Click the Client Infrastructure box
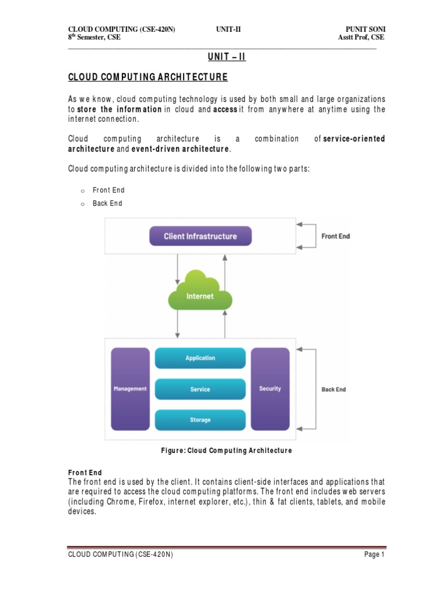[x=200, y=236]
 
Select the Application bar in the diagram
[x=200, y=358]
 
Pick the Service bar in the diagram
[x=200, y=389]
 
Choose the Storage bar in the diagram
[x=200, y=419]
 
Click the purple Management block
[x=130, y=389]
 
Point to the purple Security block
[x=270, y=389]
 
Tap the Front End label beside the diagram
[x=336, y=236]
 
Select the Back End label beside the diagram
[x=333, y=389]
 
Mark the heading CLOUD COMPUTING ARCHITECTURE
[x=148, y=77]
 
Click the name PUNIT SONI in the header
[x=365, y=29]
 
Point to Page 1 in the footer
[x=375, y=555]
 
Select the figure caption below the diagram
[x=226, y=450]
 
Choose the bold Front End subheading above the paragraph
[x=85, y=473]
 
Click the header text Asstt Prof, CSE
[x=361, y=38]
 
